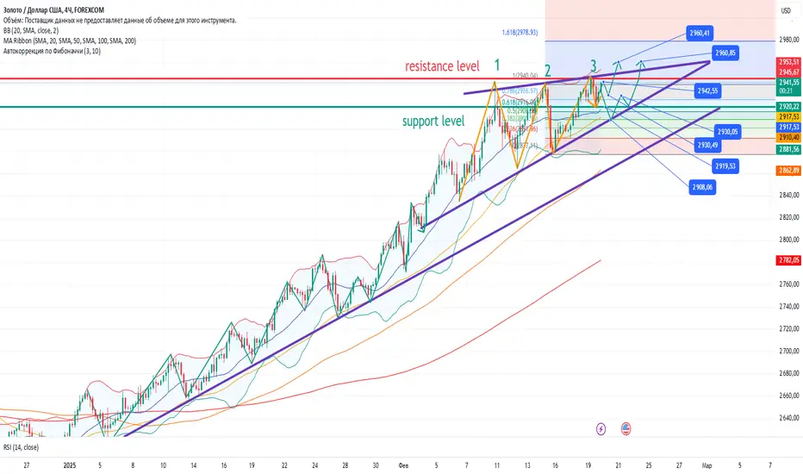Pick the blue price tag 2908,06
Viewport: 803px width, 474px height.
pyautogui.click(x=703, y=186)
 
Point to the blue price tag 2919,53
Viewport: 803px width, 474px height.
pyautogui.click(x=725, y=165)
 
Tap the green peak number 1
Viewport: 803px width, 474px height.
pyautogui.click(x=497, y=65)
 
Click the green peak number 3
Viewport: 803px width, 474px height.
pyautogui.click(x=594, y=65)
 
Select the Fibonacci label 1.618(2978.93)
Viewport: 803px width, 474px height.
pyautogui.click(x=525, y=34)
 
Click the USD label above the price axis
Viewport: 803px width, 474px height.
pyautogui.click(x=786, y=9)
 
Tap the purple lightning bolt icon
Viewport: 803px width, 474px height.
pyautogui.click(x=601, y=427)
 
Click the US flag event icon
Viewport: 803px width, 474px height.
pyautogui.click(x=625, y=427)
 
